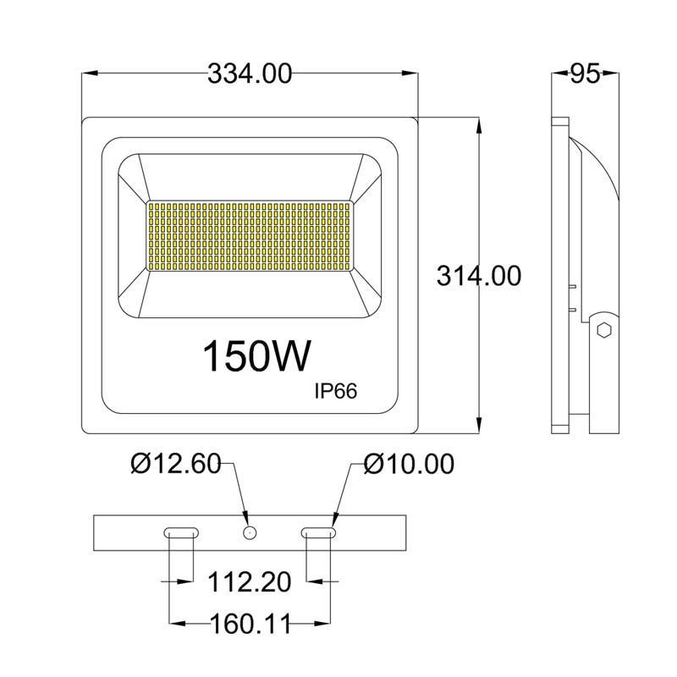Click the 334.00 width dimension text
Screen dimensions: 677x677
[x=250, y=74]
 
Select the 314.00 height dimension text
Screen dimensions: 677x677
[x=479, y=275]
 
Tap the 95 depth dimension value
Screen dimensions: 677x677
[x=585, y=74]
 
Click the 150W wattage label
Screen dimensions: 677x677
[x=256, y=356]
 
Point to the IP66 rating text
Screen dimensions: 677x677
[x=336, y=391]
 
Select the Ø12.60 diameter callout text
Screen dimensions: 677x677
[x=175, y=464]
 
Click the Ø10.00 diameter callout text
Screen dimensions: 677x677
[x=409, y=464]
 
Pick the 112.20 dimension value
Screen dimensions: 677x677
[x=250, y=582]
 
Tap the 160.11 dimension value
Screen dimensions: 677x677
[x=250, y=625]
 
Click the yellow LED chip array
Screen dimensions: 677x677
[x=250, y=236]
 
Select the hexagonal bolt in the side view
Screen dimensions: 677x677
[x=604, y=329]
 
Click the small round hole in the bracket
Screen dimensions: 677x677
[x=249, y=532]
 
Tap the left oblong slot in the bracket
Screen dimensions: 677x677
[x=181, y=532]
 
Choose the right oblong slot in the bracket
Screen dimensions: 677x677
[x=319, y=532]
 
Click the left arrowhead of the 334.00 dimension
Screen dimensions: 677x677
[x=88, y=74]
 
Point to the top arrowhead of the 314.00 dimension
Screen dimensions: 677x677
[x=480, y=124]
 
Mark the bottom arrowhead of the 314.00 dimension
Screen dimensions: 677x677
[x=480, y=427]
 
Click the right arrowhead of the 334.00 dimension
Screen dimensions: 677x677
[x=412, y=74]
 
